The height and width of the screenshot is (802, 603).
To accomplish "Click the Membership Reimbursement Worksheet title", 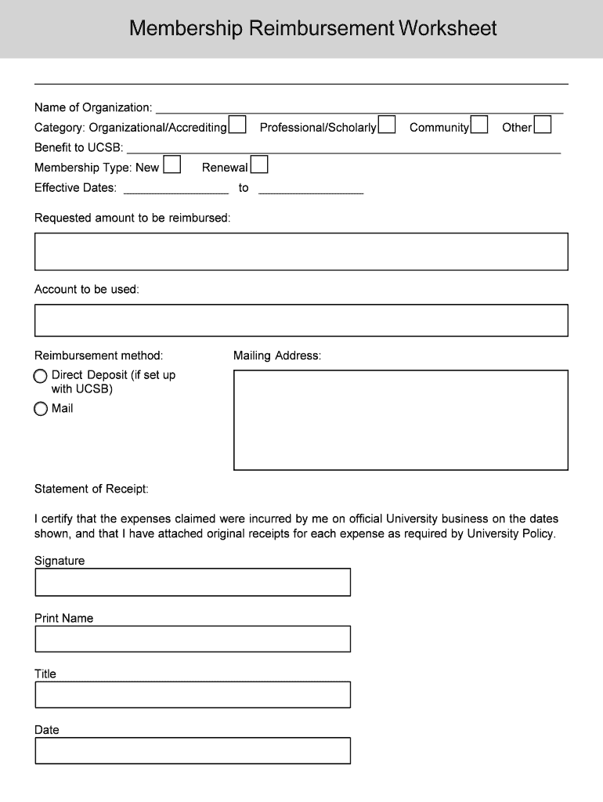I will (x=312, y=29).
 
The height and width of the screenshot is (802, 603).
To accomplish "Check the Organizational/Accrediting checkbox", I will (x=237, y=125).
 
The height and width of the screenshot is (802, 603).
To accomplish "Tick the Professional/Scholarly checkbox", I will (x=387, y=125).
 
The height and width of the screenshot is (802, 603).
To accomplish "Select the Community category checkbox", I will (x=479, y=125).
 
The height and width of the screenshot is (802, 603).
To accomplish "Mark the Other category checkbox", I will (x=543, y=125).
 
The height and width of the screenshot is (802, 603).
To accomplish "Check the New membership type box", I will (x=172, y=165).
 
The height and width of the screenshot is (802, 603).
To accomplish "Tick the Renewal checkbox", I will (x=259, y=165).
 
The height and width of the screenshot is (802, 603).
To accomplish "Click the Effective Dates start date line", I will (x=176, y=189).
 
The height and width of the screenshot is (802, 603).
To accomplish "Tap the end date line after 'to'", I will (x=311, y=189).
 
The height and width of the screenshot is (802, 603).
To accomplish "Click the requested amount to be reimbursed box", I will (x=301, y=251).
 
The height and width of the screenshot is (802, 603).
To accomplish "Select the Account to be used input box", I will (x=301, y=320).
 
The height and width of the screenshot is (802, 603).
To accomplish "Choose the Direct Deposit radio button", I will (x=41, y=377).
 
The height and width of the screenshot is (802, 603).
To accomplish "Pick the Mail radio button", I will (x=41, y=409).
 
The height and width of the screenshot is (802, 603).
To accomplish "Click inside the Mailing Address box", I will (x=400, y=420).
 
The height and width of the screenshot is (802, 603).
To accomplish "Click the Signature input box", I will (x=193, y=582).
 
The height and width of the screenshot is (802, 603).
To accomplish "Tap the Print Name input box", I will (x=193, y=638).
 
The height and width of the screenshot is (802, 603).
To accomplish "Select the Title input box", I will (x=193, y=695).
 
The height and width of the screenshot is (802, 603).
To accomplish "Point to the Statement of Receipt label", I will (x=92, y=490).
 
